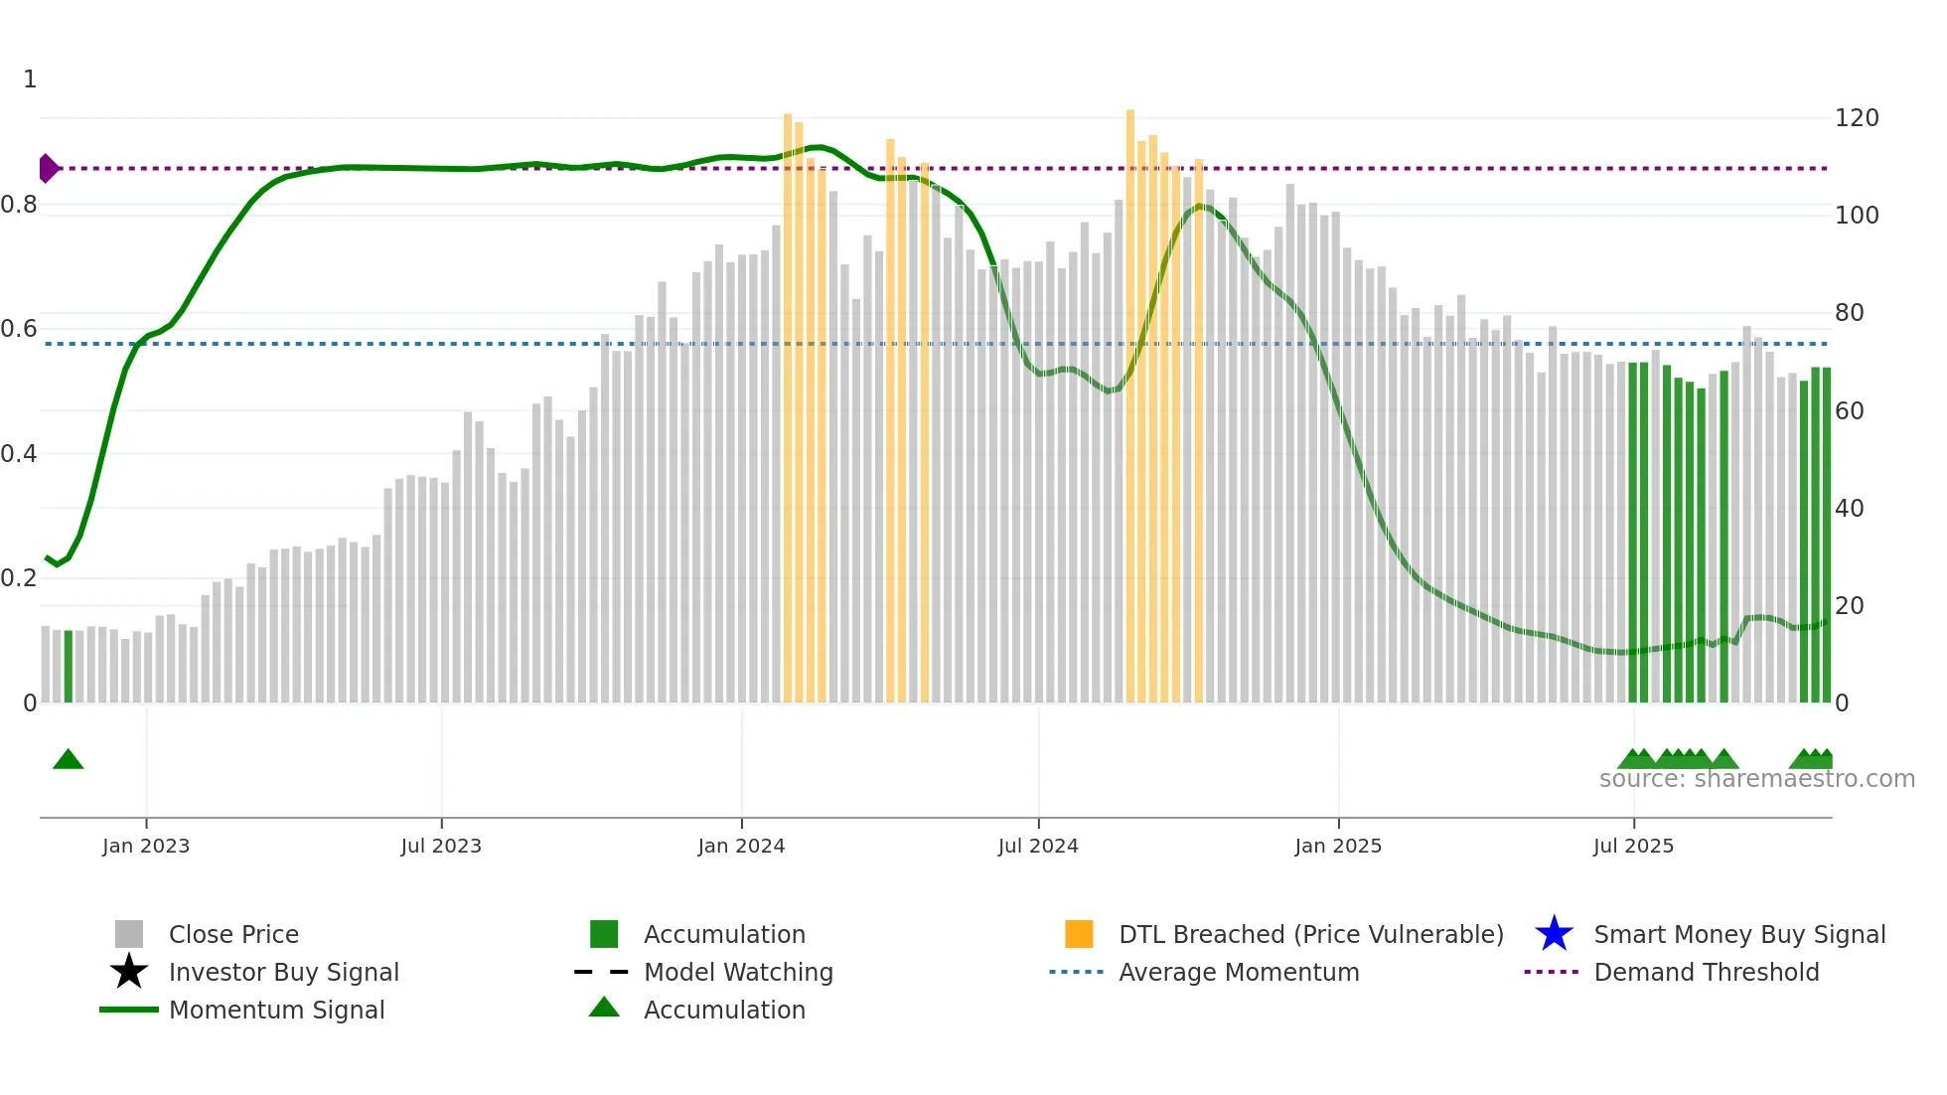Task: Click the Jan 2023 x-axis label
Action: click(145, 846)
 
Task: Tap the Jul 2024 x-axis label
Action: click(1038, 846)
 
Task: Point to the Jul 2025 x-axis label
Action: click(1633, 846)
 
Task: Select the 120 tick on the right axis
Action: click(1856, 118)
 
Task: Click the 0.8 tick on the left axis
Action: click(19, 205)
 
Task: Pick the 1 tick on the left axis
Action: click(30, 79)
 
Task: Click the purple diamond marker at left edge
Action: click(48, 169)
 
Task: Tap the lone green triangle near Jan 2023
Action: click(68, 759)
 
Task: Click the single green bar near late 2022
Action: click(69, 666)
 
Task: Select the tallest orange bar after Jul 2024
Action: click(1130, 397)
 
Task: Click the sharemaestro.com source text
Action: click(1756, 779)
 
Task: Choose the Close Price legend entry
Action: click(233, 934)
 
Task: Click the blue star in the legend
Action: click(1554, 934)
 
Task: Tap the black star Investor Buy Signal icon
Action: click(129, 972)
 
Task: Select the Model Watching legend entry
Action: click(737, 972)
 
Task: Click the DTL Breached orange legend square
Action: click(1079, 934)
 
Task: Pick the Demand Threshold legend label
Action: click(1706, 972)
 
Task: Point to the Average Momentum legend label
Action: click(1238, 972)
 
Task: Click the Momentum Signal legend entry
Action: click(276, 1010)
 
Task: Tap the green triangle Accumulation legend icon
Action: click(604, 1008)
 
